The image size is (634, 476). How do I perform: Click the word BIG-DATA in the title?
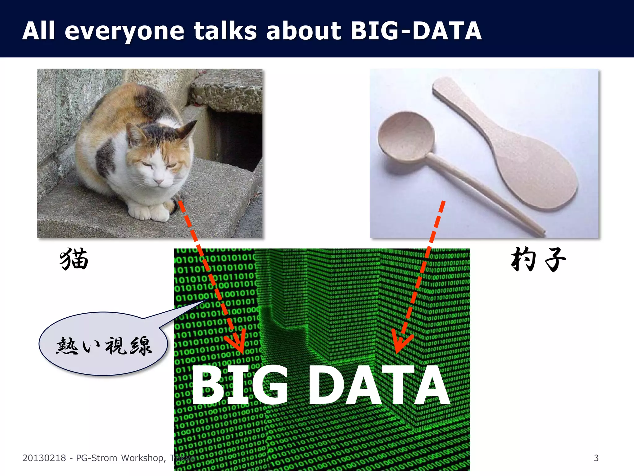416,31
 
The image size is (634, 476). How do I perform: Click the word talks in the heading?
225,31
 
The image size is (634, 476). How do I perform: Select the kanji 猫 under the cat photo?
74,259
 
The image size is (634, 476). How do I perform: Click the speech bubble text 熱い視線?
104,346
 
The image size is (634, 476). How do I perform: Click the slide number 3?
596,458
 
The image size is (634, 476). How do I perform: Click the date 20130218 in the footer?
44,458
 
